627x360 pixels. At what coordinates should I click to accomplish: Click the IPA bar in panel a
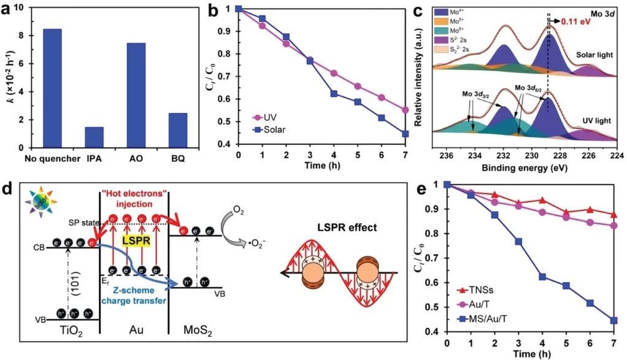tap(94, 137)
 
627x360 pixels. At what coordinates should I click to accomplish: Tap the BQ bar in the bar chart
tap(177, 130)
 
